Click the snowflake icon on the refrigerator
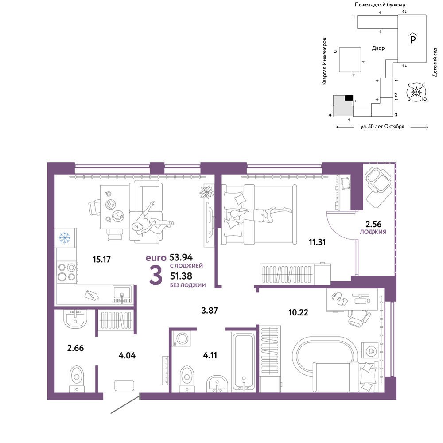[64, 238]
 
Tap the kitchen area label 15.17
[102, 259]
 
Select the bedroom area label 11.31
[317, 242]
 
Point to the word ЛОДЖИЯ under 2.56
[373, 232]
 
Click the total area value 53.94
[181, 257]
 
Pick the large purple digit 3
[155, 275]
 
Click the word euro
[156, 258]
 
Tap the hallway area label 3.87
[210, 311]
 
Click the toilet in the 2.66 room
[77, 379]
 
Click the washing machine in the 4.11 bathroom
[181, 338]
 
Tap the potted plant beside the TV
[206, 192]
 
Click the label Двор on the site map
[378, 48]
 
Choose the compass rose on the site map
[416, 92]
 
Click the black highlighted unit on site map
[349, 98]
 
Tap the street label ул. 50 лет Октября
[382, 127]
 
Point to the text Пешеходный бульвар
[380, 4]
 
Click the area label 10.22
[298, 312]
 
